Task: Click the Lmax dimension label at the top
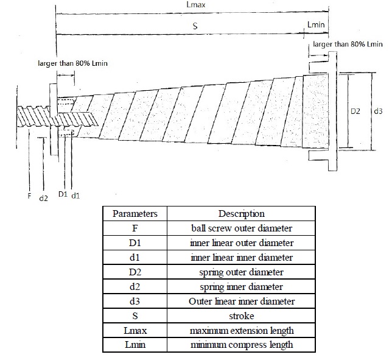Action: click(x=196, y=4)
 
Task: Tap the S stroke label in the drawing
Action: click(x=195, y=26)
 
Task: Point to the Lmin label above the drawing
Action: click(x=316, y=24)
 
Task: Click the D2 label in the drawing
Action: click(x=355, y=111)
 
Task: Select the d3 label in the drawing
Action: click(x=378, y=111)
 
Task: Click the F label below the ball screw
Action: click(x=29, y=196)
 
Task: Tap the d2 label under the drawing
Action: click(x=43, y=198)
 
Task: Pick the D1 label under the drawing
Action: click(x=63, y=194)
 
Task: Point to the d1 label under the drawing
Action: click(x=75, y=196)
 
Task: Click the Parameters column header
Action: click(x=135, y=213)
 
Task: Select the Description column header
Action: click(x=241, y=213)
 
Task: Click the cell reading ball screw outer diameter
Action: click(x=242, y=228)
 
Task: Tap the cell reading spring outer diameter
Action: click(x=241, y=272)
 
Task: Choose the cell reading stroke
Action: click(x=241, y=316)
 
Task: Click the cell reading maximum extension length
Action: click(x=242, y=331)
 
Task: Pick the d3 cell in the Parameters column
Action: click(x=135, y=301)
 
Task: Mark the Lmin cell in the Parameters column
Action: click(x=135, y=345)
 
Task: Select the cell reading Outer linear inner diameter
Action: click(x=242, y=301)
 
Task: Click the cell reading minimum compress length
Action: click(x=242, y=345)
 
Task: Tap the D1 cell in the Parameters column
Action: click(x=135, y=242)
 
